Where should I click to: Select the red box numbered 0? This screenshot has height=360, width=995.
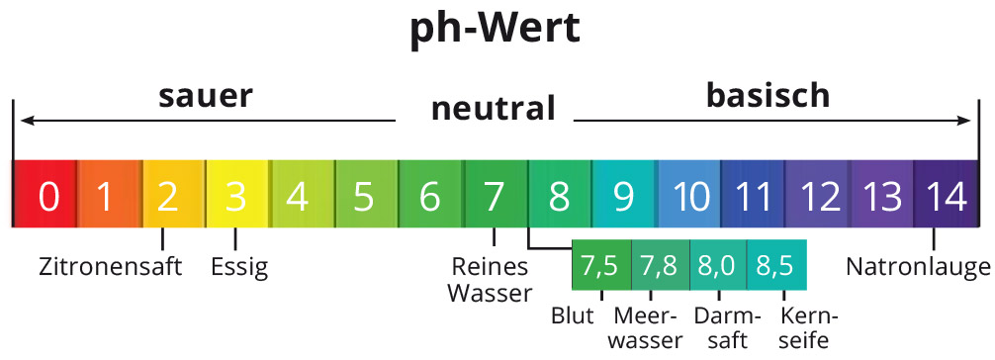pyautogui.click(x=45, y=196)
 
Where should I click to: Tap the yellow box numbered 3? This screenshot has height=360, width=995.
pyautogui.click(x=235, y=196)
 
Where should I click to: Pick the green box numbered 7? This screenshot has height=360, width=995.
pyautogui.click(x=494, y=196)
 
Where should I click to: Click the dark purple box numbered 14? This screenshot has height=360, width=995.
pyautogui.click(x=945, y=196)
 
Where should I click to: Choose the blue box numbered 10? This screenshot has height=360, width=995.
pyautogui.click(x=689, y=196)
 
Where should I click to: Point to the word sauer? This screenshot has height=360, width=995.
pyautogui.click(x=206, y=97)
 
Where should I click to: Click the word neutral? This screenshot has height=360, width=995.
pyautogui.click(x=493, y=108)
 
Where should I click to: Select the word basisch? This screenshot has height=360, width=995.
pyautogui.click(x=767, y=96)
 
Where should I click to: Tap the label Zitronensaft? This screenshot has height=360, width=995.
pyautogui.click(x=111, y=266)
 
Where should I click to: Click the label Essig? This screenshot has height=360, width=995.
pyautogui.click(x=239, y=267)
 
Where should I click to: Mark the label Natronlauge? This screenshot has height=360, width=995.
pyautogui.click(x=918, y=266)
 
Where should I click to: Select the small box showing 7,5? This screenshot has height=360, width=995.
pyautogui.click(x=600, y=265)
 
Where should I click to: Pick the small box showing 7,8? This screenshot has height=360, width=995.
pyautogui.click(x=660, y=265)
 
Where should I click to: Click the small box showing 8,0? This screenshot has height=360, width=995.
pyautogui.click(x=717, y=265)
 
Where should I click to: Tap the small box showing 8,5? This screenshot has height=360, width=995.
pyautogui.click(x=776, y=265)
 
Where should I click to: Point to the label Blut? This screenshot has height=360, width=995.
pyautogui.click(x=573, y=316)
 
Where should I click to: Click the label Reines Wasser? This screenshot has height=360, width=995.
pyautogui.click(x=490, y=279)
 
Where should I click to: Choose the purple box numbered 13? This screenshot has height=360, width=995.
pyautogui.click(x=882, y=196)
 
